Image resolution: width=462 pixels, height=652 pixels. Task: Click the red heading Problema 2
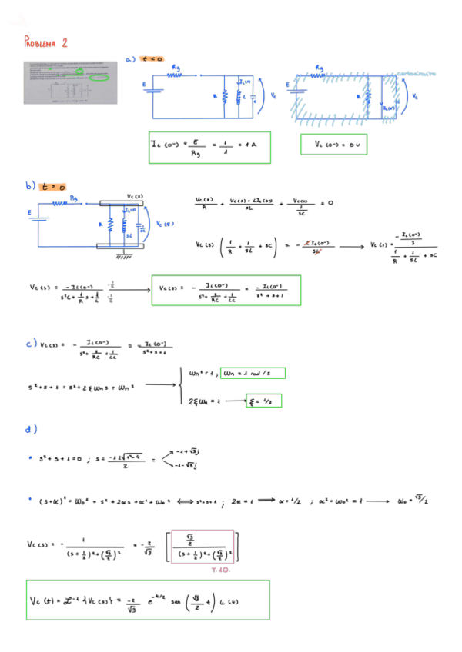(x=45, y=42)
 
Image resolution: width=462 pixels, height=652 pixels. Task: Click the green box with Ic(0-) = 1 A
(x=210, y=147)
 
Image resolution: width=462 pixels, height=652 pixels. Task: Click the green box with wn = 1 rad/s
(x=253, y=374)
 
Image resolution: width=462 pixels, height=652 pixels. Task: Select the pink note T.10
(x=220, y=570)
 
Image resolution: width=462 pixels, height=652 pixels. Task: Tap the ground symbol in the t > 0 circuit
(x=121, y=253)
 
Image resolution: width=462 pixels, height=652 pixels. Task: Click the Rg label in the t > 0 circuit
(x=74, y=198)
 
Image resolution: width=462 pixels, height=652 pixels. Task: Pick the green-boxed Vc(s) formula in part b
(x=226, y=289)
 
